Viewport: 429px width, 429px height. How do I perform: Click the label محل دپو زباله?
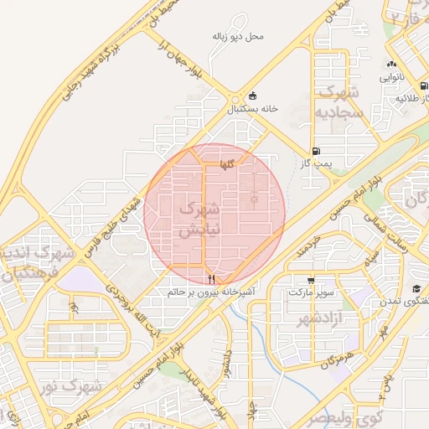238,37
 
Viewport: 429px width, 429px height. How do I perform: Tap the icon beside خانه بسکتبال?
253,96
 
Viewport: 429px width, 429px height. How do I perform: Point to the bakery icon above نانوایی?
391,65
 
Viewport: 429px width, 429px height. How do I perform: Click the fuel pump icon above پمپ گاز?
315,152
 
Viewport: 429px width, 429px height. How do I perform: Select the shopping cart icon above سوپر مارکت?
311,281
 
